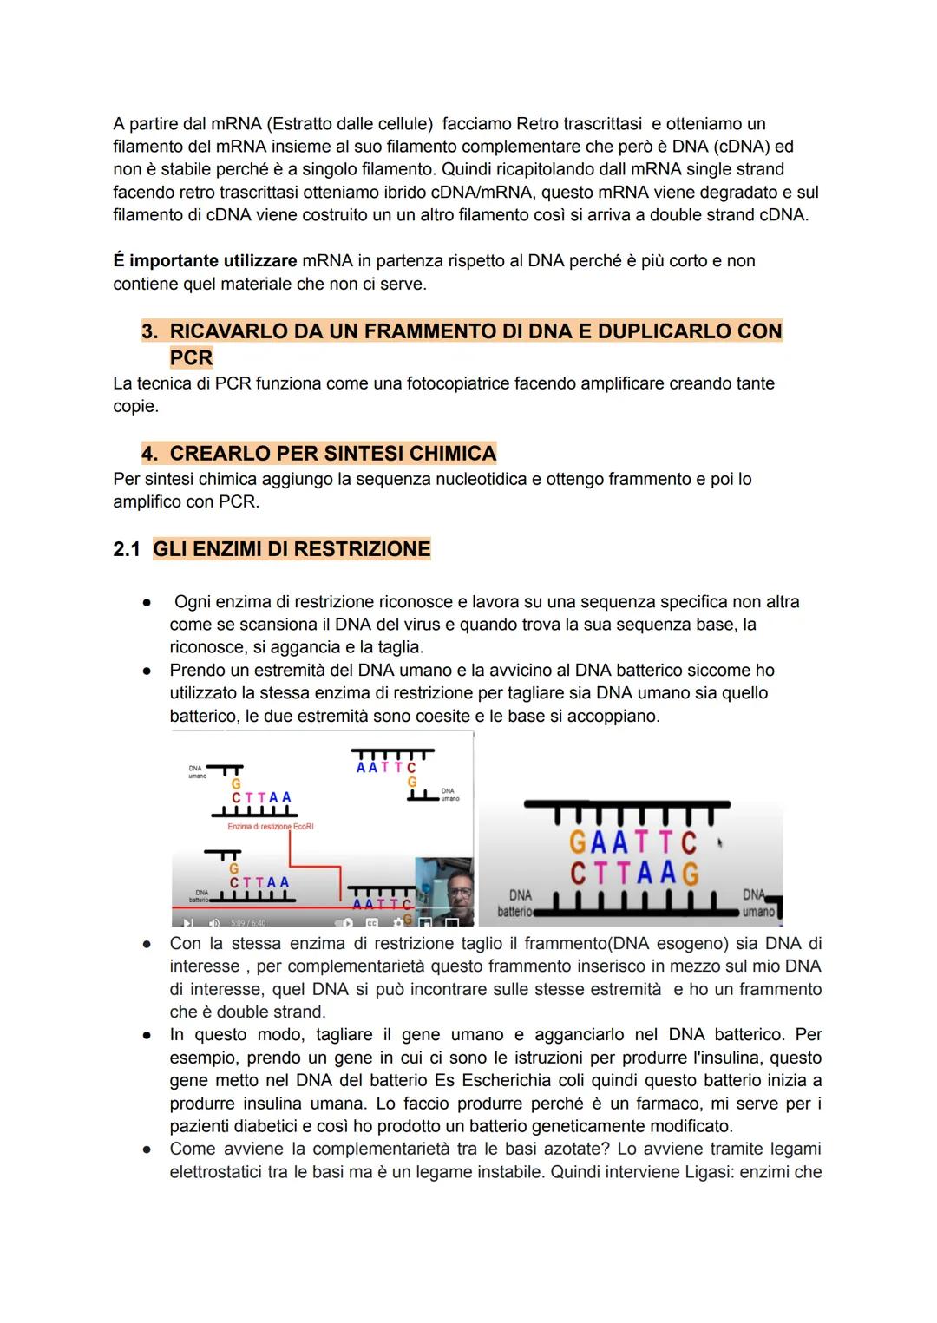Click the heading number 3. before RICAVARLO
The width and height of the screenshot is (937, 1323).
coord(151,331)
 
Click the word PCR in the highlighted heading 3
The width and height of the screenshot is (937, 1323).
coord(191,357)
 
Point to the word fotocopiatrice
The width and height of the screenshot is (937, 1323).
coord(459,383)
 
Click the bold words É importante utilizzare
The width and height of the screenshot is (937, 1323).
coord(205,260)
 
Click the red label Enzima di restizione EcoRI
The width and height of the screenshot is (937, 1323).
coord(270,827)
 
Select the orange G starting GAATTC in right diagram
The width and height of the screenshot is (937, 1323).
coord(578,842)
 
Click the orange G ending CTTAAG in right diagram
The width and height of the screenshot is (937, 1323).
coord(691,873)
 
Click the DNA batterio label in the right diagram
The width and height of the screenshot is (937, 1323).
coord(518,902)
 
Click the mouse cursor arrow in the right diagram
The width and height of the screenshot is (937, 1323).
coord(719,841)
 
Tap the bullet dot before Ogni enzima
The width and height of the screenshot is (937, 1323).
coord(148,602)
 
